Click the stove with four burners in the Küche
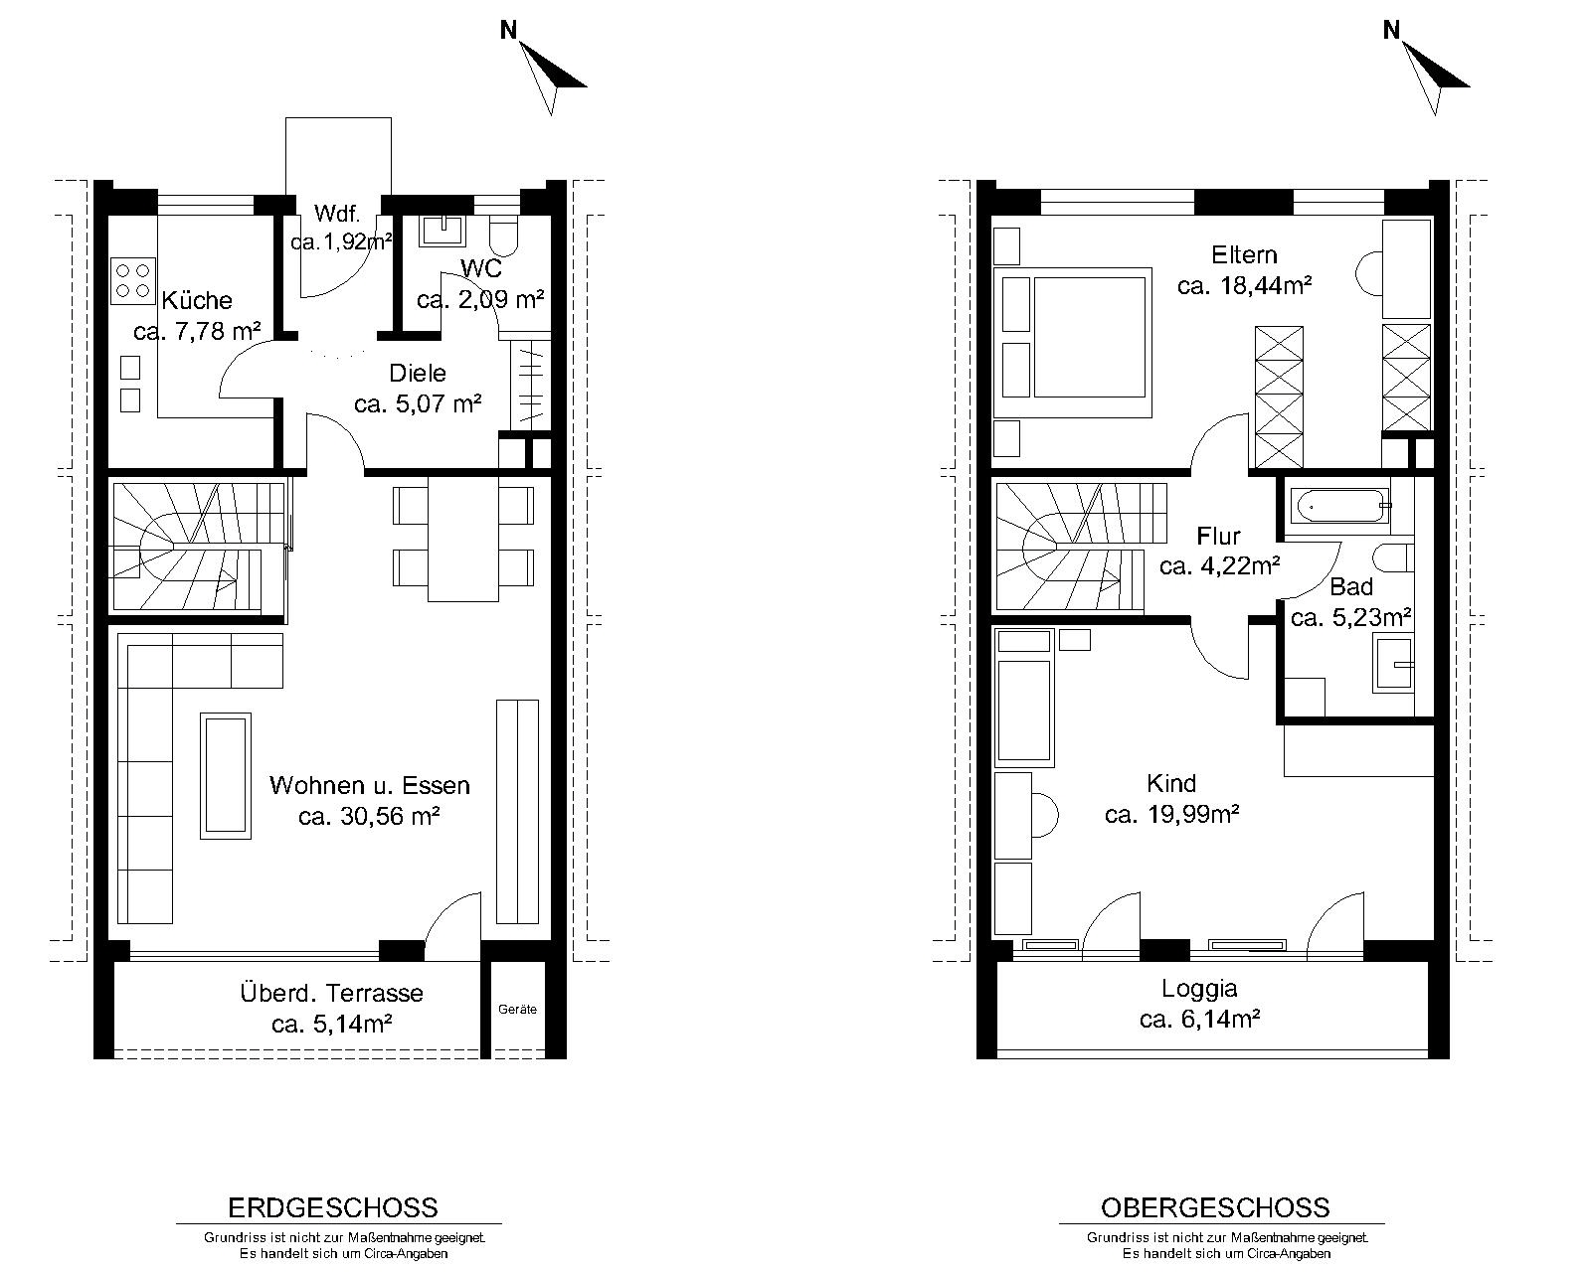pos(133,281)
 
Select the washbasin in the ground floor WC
pos(442,230)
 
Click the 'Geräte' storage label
pos(517,1009)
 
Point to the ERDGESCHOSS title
pos(333,1208)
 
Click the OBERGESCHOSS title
pos(1215,1208)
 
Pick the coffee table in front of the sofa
pos(226,775)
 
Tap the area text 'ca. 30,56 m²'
pos(370,816)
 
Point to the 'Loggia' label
pos(1199,988)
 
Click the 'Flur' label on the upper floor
pos(1218,535)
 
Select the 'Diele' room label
pos(418,373)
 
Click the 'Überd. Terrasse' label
pos(332,993)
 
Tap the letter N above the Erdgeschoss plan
pos(509,30)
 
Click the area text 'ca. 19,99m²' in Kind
pos(1171,814)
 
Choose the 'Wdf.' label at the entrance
pos(337,214)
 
